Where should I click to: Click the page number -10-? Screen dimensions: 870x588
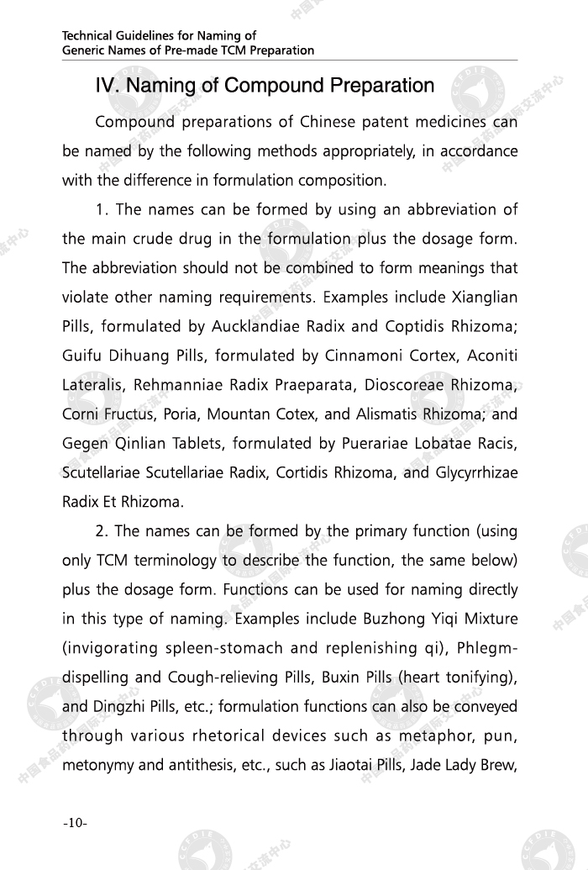coord(75,822)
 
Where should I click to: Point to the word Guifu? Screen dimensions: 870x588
coord(81,356)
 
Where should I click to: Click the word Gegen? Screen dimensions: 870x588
coord(83,444)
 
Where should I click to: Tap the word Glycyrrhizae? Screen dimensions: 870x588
coord(475,472)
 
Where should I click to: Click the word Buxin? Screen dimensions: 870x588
coord(341,678)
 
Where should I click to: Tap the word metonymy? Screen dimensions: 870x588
coord(97,765)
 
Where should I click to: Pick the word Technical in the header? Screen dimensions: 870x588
coord(87,36)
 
